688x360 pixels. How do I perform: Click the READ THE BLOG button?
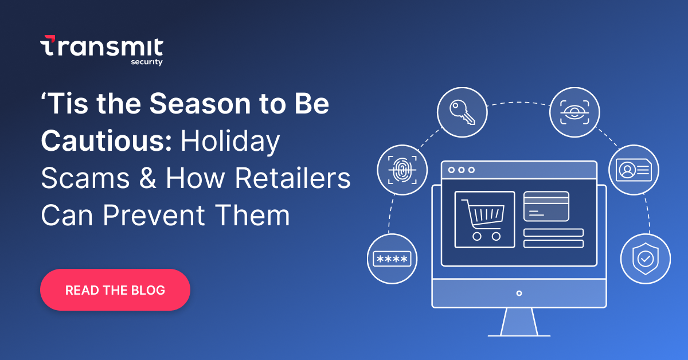115,290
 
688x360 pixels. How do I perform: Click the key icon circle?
462,112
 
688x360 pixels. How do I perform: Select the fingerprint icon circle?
402,170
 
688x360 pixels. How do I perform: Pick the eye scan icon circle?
574,112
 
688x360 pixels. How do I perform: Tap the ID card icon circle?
634,170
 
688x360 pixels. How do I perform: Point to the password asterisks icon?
392,259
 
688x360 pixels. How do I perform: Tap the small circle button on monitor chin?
519,293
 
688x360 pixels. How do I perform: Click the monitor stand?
519,322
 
